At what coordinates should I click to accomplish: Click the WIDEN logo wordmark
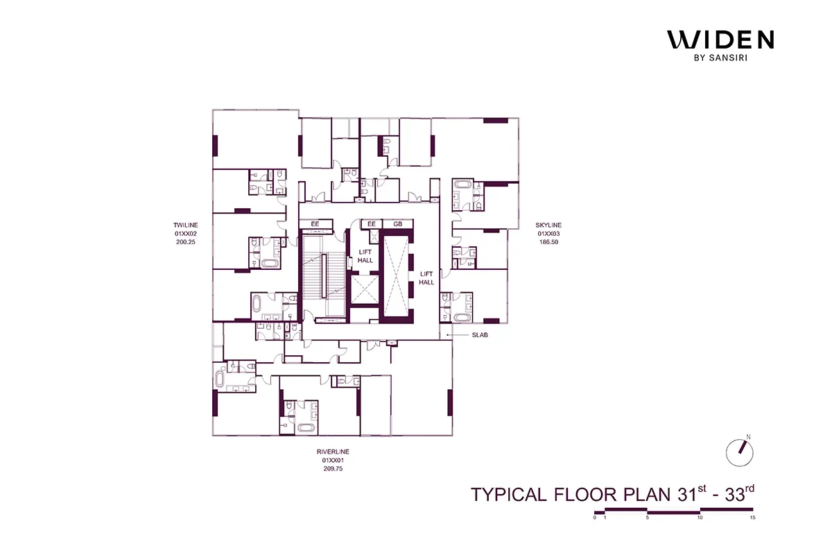point(720,40)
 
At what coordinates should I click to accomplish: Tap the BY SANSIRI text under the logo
point(720,58)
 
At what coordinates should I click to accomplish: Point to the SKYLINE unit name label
point(548,225)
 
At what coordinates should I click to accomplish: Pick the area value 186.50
point(548,244)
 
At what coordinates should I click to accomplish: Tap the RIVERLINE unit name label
point(333,451)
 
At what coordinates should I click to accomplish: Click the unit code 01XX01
point(333,460)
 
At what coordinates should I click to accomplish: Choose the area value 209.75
point(333,469)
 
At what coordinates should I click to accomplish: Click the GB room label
point(398,225)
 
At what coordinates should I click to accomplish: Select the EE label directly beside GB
point(372,225)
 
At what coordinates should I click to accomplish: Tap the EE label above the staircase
point(315,225)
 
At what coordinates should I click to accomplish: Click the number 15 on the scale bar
point(752,518)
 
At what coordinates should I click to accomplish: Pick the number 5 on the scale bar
point(647,518)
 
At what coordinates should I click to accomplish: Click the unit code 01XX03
point(548,234)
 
